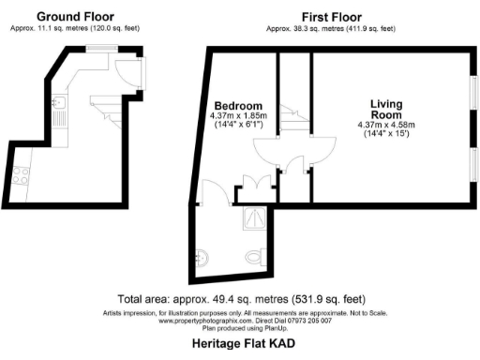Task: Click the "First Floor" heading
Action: click(331, 16)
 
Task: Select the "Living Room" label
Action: click(385, 110)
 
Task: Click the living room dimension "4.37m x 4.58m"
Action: click(385, 125)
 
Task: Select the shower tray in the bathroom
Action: click(254, 218)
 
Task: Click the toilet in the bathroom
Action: click(252, 256)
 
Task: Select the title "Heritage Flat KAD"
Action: click(243, 344)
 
